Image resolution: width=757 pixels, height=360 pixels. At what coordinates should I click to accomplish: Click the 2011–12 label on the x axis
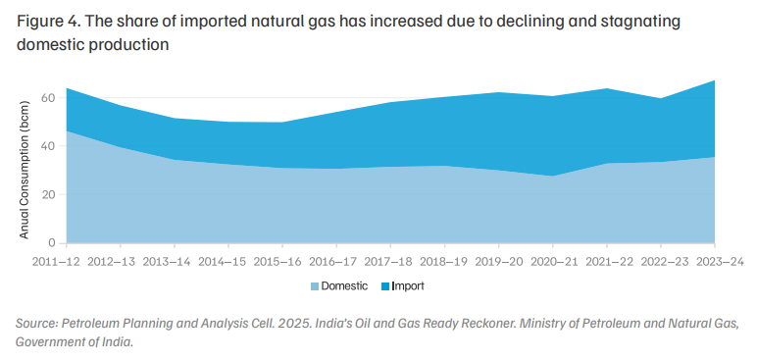tap(57, 262)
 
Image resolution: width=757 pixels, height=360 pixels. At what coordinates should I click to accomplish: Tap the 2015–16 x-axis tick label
tap(278, 262)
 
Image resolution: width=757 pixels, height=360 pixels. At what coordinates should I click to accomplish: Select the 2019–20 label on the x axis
tap(499, 262)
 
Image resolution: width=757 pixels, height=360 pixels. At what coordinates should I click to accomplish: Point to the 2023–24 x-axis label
tap(721, 262)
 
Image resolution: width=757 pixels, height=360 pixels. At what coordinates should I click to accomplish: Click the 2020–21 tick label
tap(555, 262)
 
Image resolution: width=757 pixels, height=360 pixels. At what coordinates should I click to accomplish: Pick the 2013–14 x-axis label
tap(167, 262)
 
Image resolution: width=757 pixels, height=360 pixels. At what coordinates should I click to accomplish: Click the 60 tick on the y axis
tap(52, 98)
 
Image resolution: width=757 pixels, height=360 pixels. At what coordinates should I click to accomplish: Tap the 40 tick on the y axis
tap(52, 146)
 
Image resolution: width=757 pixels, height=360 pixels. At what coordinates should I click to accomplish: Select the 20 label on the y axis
tap(52, 195)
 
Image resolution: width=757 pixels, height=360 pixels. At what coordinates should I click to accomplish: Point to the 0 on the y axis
tap(55, 243)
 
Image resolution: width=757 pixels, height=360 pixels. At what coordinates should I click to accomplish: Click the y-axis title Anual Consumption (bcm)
tap(25, 170)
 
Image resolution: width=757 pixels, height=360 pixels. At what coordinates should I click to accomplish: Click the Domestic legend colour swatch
tap(315, 286)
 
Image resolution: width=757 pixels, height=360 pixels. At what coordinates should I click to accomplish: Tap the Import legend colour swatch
tap(385, 286)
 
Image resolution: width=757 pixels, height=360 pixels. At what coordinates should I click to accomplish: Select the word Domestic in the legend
tap(345, 286)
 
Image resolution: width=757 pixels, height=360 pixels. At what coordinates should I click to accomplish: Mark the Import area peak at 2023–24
tap(715, 80)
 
